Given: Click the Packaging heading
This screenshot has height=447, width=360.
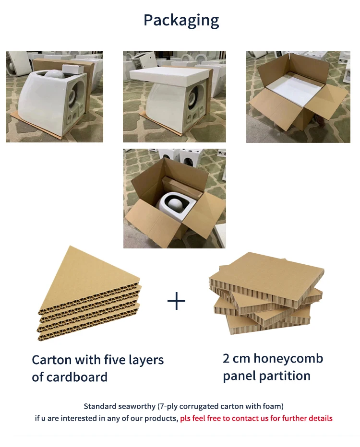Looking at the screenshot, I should tap(181, 20).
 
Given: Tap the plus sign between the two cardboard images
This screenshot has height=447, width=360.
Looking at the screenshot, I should tap(176, 301).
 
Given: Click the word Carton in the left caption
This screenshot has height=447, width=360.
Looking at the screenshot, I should tap(51, 360).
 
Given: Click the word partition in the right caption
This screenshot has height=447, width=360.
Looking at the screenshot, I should tap(289, 376).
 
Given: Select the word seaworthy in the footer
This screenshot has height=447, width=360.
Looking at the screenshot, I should tap(137, 406).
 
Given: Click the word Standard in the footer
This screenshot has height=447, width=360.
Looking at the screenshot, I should tap(101, 406).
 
